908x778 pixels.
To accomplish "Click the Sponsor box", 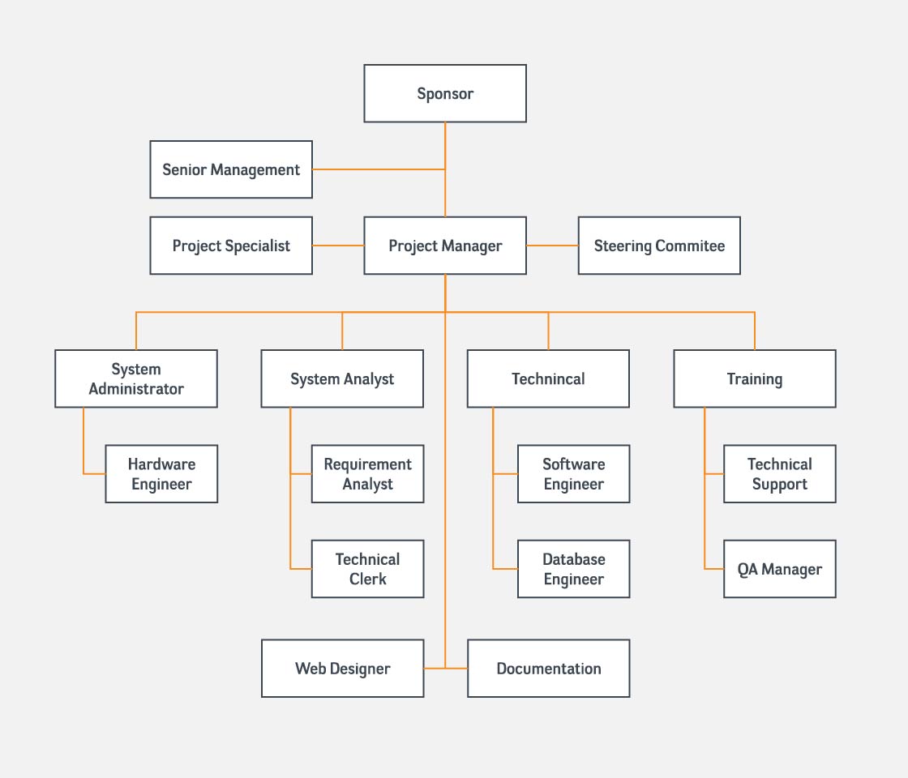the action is click(x=445, y=93).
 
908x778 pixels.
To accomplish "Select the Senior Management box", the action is click(x=231, y=169).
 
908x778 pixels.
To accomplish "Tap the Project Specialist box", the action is click(x=231, y=246).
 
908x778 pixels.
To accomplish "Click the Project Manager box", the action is click(x=445, y=246).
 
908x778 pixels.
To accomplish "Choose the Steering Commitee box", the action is click(x=659, y=246).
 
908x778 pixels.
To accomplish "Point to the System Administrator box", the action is click(x=136, y=378).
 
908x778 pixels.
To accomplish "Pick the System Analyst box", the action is click(x=342, y=378).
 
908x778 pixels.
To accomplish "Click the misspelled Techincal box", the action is click(x=548, y=378).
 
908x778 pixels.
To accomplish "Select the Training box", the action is click(x=755, y=378).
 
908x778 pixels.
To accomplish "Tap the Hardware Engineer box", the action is click(x=161, y=473).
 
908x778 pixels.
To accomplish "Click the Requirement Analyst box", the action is click(x=368, y=473).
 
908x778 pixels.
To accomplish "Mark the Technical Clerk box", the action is click(x=368, y=569).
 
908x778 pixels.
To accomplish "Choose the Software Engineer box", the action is click(x=574, y=473).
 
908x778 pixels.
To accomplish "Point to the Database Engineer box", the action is click(x=574, y=569).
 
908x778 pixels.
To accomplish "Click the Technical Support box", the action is click(x=780, y=473).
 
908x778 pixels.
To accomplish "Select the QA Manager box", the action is click(x=780, y=569).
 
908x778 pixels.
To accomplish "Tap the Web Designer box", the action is click(x=343, y=669).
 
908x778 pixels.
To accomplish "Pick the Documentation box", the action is click(x=548, y=669).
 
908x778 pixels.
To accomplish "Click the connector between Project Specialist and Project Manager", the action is click(x=338, y=246).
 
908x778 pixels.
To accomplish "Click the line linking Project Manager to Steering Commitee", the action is click(x=552, y=246).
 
